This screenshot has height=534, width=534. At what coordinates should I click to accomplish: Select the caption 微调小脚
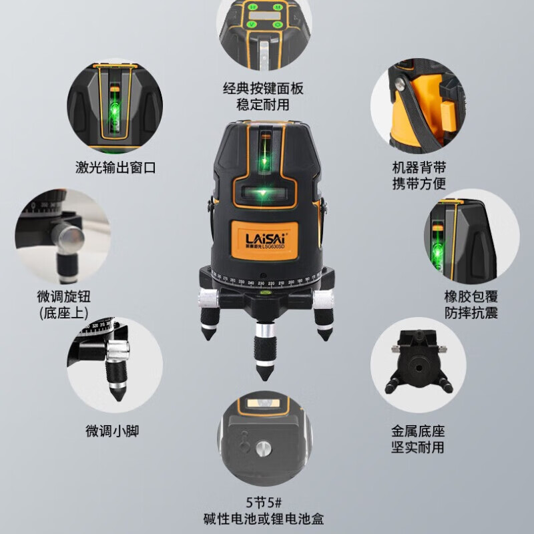[x=112, y=431]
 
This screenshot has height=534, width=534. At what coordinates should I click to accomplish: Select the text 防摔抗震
[x=471, y=313]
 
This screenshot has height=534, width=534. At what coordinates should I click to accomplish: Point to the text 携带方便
[x=419, y=183]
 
